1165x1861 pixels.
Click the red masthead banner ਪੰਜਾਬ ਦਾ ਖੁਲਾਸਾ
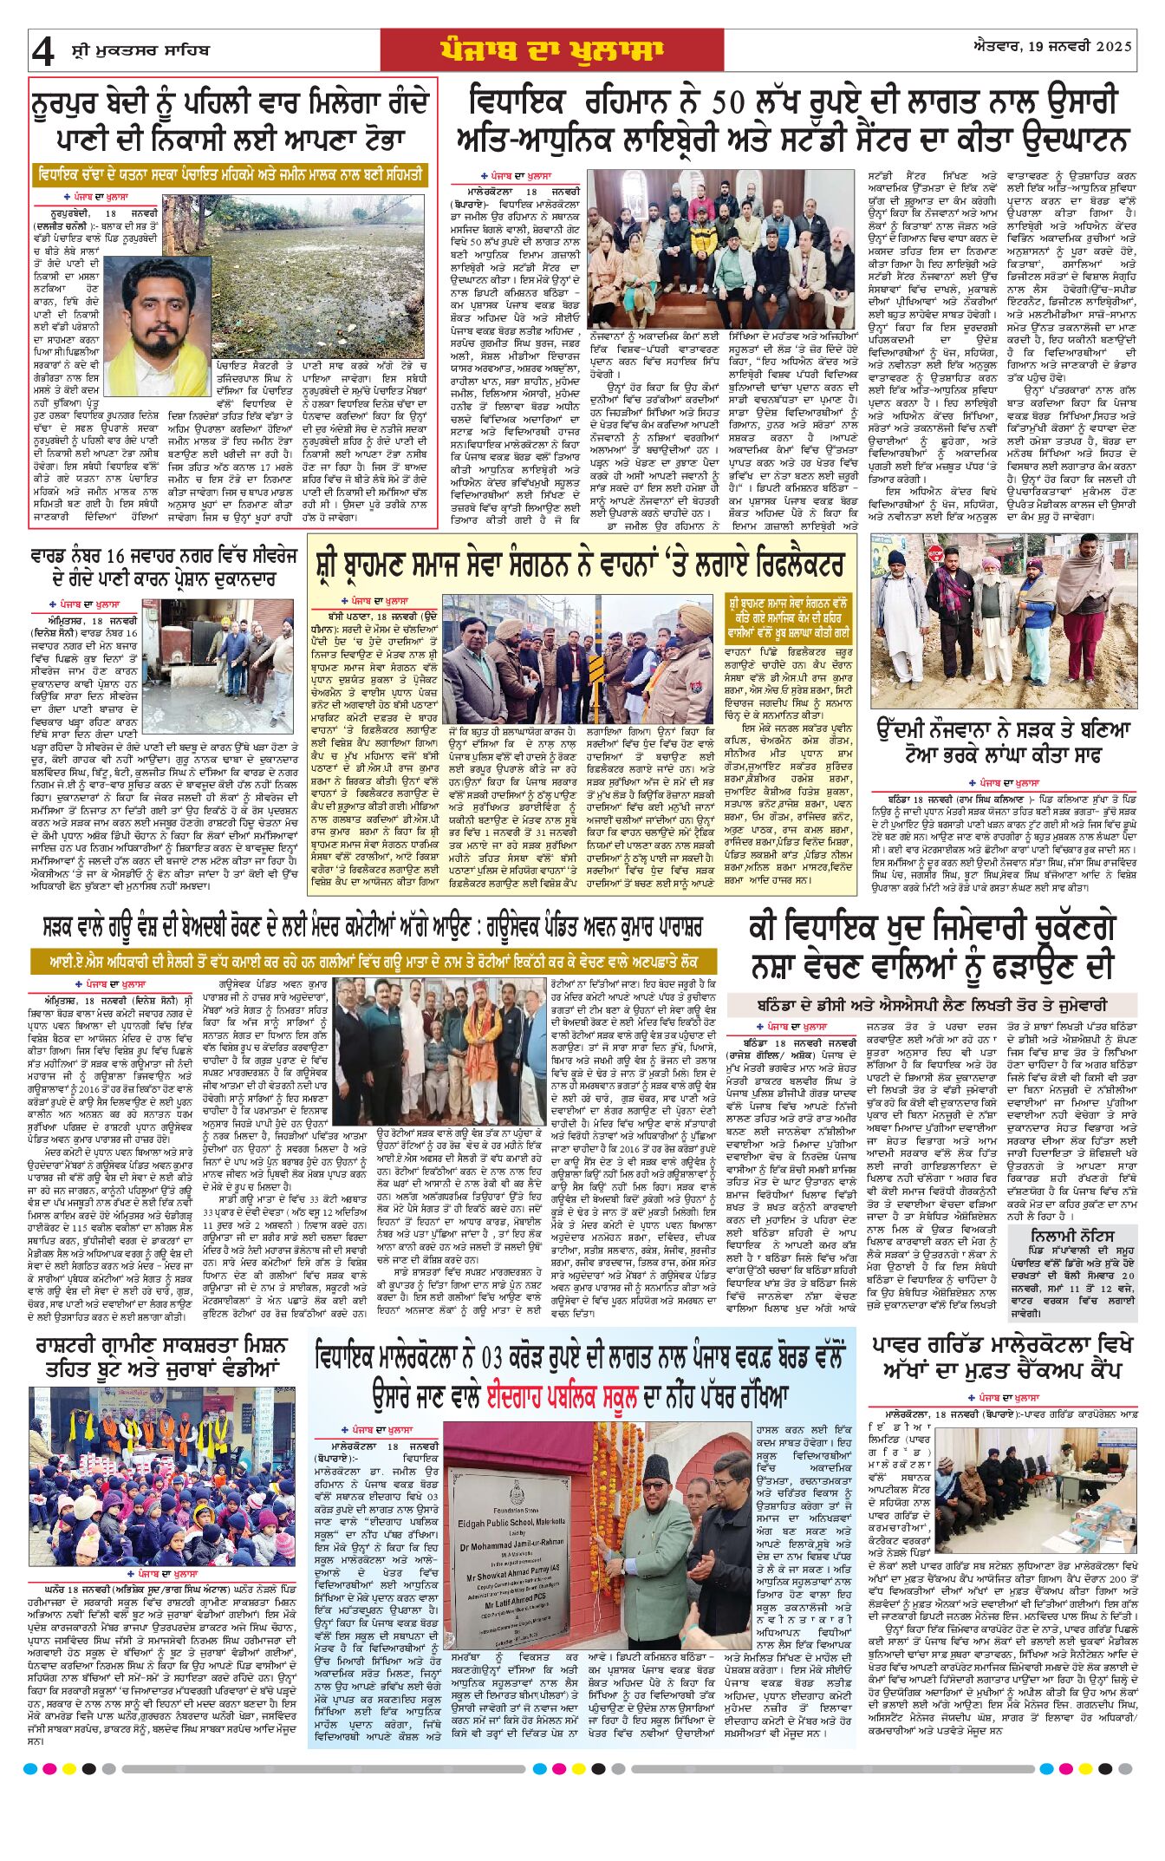click(551, 50)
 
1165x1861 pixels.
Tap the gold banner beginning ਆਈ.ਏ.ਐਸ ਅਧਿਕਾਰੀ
click(373, 960)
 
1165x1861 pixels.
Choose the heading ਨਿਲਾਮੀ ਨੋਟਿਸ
click(1072, 1235)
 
